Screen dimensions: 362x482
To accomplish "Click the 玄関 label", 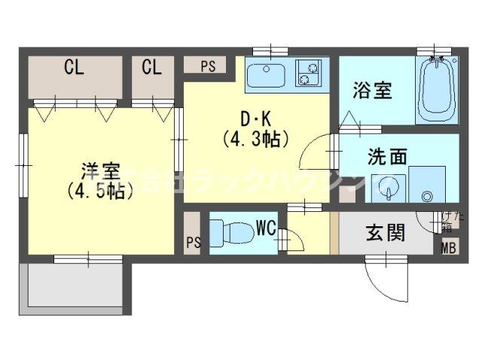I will click(386, 232).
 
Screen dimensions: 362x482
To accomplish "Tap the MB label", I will click(447, 248).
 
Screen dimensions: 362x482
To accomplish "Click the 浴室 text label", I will click(372, 91).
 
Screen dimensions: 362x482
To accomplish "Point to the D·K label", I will click(255, 119).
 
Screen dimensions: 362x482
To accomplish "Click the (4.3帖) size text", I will click(255, 138).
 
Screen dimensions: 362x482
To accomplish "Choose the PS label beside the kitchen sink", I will click(208, 66).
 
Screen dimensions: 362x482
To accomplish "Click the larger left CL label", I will click(73, 69).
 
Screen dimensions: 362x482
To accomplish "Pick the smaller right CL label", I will click(151, 69).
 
